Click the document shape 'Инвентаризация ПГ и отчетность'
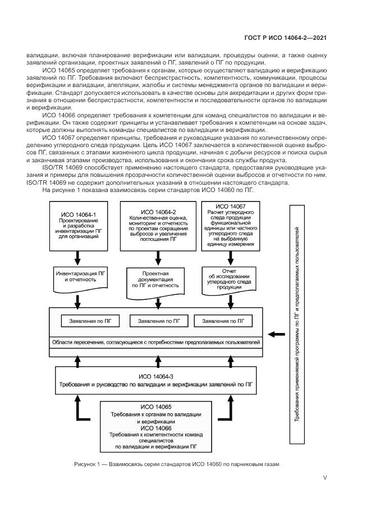click(x=78, y=277)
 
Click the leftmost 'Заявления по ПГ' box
click(x=89, y=321)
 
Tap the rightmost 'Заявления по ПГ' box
click(x=223, y=321)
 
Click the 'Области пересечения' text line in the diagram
click(x=156, y=342)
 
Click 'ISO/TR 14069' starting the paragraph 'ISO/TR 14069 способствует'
click(x=60, y=167)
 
